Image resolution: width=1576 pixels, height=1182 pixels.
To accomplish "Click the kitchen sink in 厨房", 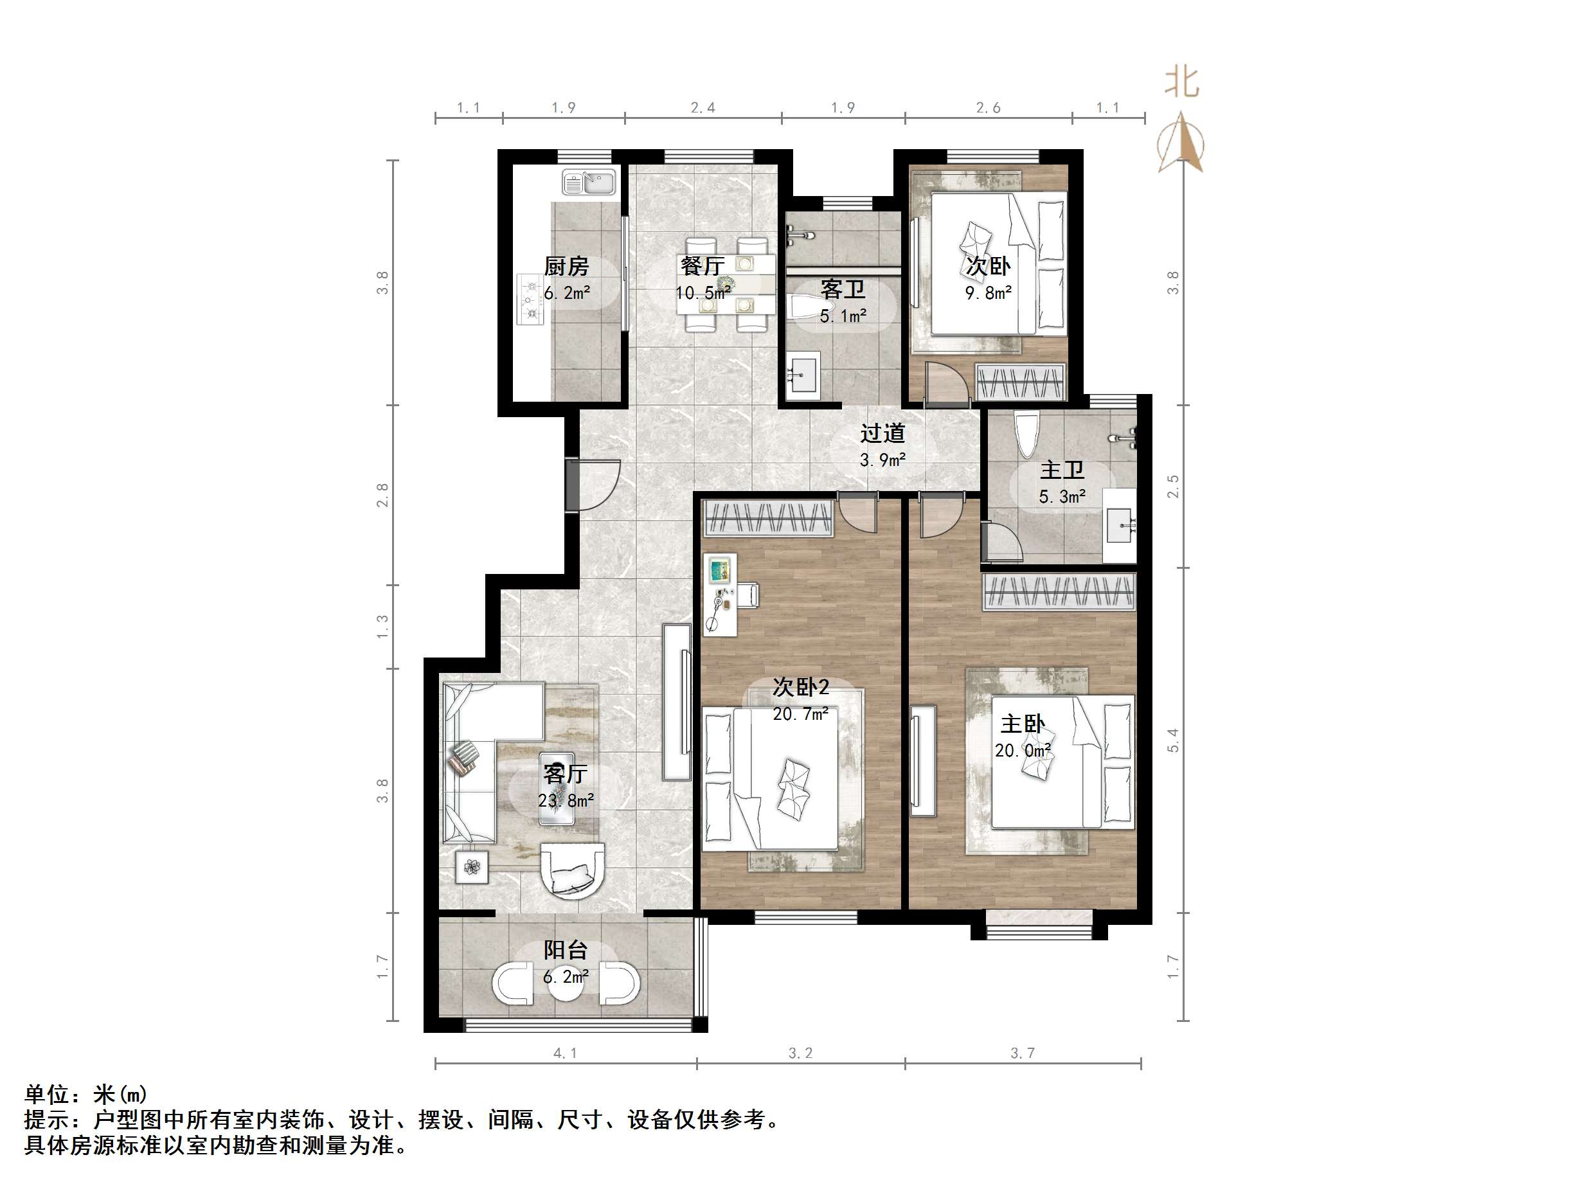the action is pyautogui.click(x=589, y=183).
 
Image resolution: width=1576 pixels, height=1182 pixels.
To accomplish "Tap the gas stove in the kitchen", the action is pyautogui.click(x=530, y=300).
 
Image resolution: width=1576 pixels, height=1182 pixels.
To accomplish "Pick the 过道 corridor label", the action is pyautogui.click(x=882, y=433).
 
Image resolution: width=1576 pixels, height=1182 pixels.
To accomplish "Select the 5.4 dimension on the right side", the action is pyautogui.click(x=1173, y=740).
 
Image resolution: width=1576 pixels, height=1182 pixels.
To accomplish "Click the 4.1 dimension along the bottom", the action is pyautogui.click(x=565, y=1053).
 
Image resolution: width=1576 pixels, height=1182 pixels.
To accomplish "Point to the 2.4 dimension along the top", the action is pyautogui.click(x=703, y=107).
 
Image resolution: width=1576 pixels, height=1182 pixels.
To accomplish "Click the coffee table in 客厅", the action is pyautogui.click(x=557, y=788).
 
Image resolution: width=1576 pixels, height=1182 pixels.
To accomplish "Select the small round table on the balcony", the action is pyautogui.click(x=566, y=984).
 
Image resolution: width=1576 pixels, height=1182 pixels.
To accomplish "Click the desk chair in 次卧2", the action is pyautogui.click(x=748, y=595).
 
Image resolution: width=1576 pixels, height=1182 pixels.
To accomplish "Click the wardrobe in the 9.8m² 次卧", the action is pyautogui.click(x=1021, y=381).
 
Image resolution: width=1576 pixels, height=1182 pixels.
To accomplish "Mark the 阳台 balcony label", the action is pyautogui.click(x=566, y=950).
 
